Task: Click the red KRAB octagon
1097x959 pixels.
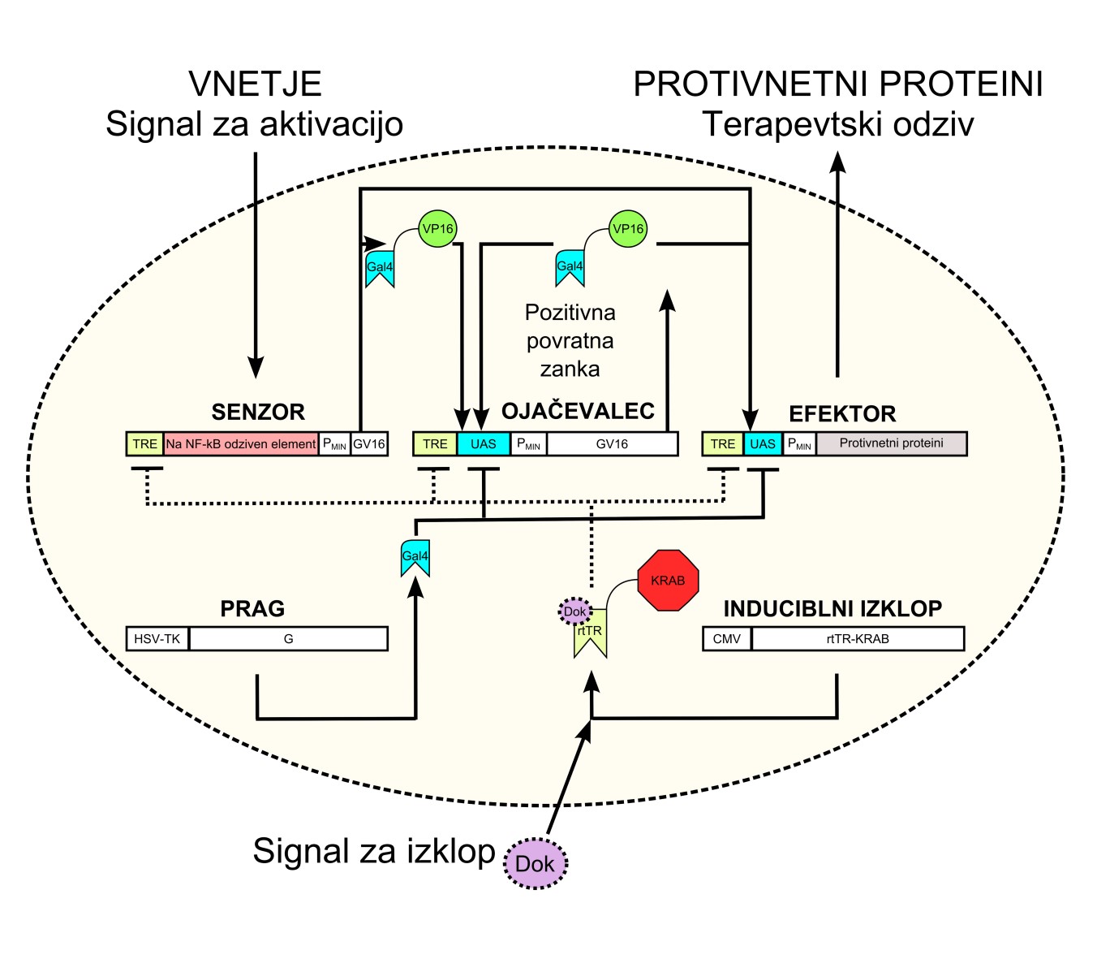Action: pos(668,580)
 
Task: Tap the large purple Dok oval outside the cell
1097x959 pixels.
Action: pos(536,863)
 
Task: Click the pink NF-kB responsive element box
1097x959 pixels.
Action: pos(241,444)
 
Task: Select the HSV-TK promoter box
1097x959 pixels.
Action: pos(157,639)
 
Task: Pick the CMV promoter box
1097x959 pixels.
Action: pos(727,639)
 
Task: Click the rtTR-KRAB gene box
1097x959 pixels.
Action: pos(858,639)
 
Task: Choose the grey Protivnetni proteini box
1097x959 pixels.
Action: pos(891,443)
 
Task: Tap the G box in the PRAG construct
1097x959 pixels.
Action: pos(289,639)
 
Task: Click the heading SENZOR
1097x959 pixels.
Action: pos(258,412)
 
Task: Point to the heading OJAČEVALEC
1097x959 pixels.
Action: pos(578,411)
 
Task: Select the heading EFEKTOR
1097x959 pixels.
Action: pos(842,413)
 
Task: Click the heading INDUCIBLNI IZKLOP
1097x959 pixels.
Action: pos(832,608)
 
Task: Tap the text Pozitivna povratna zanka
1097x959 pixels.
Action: pos(570,341)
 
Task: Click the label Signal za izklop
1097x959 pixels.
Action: pos(374,851)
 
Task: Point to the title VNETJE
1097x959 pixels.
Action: pos(255,84)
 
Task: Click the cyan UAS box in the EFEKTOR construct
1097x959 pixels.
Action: pos(763,444)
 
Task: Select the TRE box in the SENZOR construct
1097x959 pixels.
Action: pos(145,444)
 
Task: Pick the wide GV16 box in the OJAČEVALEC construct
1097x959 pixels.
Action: pos(612,444)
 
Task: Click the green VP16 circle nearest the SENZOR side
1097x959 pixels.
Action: pos(437,229)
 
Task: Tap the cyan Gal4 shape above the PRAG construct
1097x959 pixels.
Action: pos(415,558)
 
